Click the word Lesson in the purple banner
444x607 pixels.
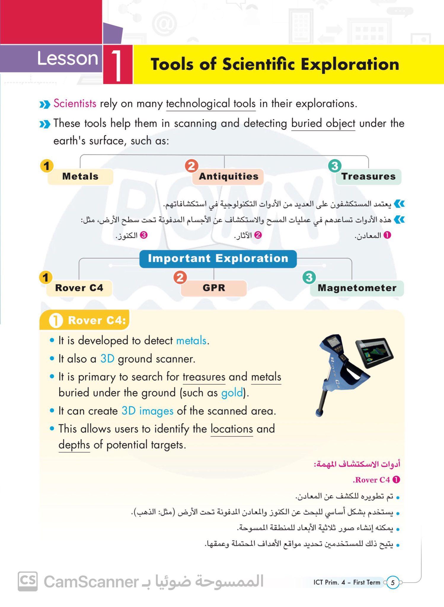[x=67, y=58]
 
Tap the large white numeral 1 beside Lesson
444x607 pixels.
[x=117, y=66]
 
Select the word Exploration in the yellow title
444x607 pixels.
[x=350, y=64]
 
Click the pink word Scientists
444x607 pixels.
[x=75, y=103]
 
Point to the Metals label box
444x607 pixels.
[x=80, y=176]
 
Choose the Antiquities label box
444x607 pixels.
[x=228, y=176]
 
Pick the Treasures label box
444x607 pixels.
[x=368, y=176]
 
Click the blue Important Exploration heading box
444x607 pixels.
[x=218, y=258]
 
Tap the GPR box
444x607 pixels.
[x=214, y=288]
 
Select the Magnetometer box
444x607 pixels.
[x=357, y=288]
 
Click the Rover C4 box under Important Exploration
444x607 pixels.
[x=79, y=288]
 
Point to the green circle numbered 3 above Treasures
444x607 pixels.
[x=335, y=166]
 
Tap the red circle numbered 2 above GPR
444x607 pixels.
[x=180, y=277]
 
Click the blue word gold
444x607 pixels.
[x=232, y=393]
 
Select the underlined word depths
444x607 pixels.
[x=74, y=445]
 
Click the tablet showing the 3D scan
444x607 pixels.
[x=375, y=353]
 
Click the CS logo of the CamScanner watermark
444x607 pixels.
[x=28, y=581]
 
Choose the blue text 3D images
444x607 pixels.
[x=147, y=411]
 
